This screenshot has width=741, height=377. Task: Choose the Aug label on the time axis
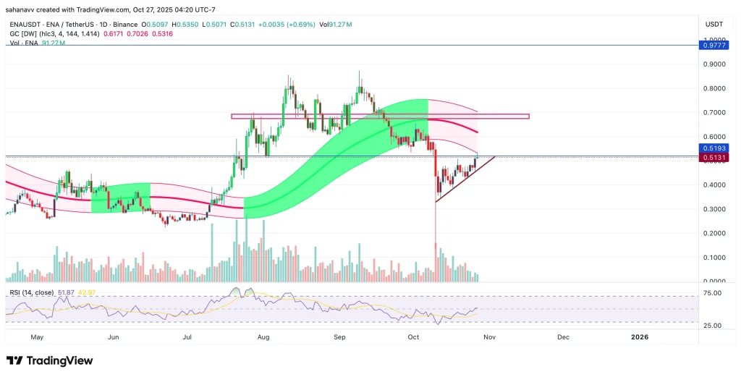263,337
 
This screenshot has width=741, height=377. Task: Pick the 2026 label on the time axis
640,337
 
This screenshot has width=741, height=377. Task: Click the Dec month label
563,337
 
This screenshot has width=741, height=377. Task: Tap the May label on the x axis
38,337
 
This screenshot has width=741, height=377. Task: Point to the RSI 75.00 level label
712,293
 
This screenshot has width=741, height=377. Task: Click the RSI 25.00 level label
712,326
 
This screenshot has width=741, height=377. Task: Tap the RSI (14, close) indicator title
30,292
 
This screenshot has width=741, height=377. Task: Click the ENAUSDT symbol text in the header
25,24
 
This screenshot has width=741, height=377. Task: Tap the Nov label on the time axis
489,337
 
